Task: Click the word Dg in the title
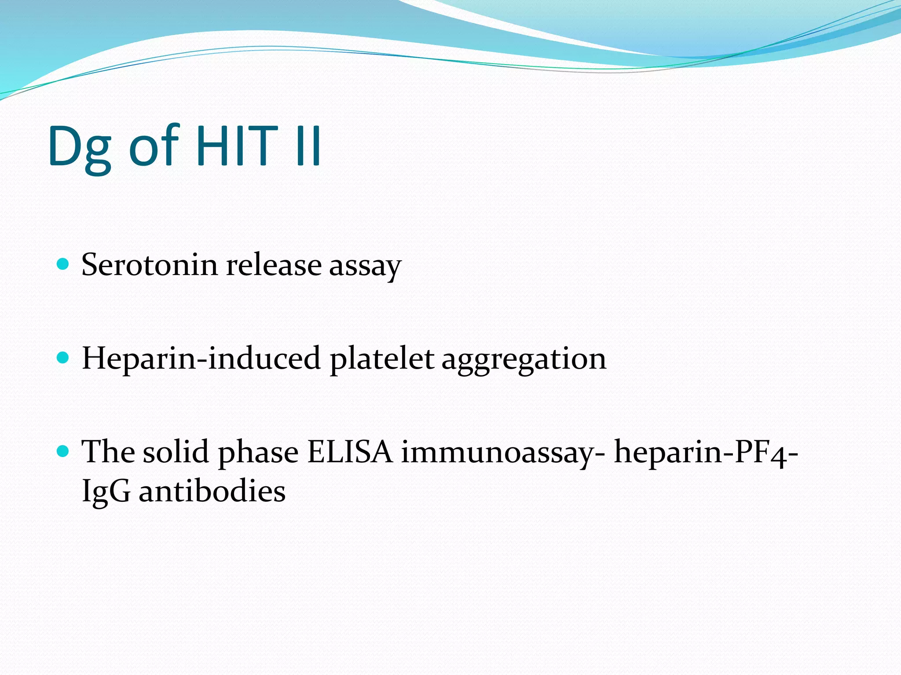point(79,147)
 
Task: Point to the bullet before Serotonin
point(63,264)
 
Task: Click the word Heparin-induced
point(201,359)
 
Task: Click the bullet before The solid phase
point(63,451)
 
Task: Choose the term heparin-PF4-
point(706,453)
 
